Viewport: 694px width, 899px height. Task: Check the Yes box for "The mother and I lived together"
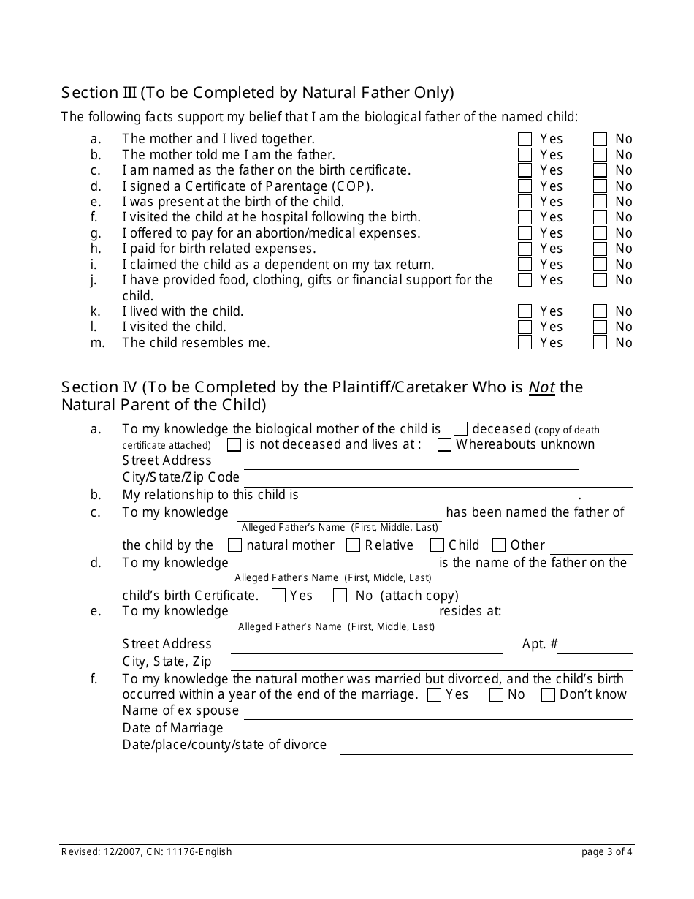525,139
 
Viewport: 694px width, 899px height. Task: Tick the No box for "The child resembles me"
600,342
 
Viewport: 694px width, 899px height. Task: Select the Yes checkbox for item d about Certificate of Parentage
525,186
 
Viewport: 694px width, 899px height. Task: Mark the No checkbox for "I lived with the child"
600,311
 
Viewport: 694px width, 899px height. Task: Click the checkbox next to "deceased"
460,429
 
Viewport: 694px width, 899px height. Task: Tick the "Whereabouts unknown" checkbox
444,444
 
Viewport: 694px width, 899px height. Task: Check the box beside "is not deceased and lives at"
234,444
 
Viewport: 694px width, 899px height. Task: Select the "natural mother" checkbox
234,545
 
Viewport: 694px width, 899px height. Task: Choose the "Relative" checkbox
353,545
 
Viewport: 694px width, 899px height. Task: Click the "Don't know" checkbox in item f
548,694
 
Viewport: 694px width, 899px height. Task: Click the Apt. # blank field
595,646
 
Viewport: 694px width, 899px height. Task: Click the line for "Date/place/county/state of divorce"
485,747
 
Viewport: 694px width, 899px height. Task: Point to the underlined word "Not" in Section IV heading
542,387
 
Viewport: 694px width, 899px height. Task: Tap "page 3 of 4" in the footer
607,851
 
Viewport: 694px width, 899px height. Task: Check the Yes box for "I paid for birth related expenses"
525,249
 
